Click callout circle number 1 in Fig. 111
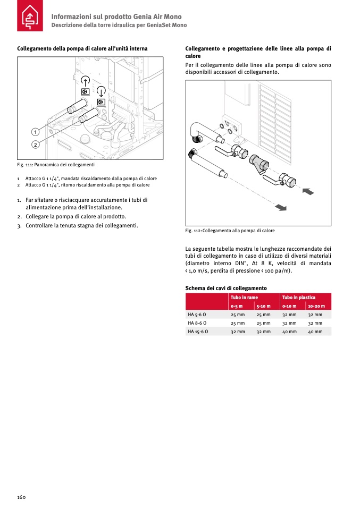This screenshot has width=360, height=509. [35, 131]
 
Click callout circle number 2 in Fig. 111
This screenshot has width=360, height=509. [35, 144]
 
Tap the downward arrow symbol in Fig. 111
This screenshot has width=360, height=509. [101, 90]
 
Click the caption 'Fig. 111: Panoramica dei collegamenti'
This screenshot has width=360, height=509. [55, 165]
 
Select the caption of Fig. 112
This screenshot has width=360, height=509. [230, 231]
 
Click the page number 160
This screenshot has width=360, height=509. [21, 497]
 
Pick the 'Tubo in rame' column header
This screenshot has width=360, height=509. [244, 298]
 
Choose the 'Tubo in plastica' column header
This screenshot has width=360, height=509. [299, 298]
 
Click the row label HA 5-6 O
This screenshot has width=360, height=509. [197, 315]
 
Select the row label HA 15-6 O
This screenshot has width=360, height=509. [198, 332]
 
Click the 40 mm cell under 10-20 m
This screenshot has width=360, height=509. [315, 332]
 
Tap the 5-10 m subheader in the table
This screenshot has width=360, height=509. [264, 306]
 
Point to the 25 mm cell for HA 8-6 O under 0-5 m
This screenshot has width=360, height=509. [238, 323]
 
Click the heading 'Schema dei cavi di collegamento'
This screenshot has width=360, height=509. [226, 288]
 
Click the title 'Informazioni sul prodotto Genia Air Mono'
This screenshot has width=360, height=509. [116, 16]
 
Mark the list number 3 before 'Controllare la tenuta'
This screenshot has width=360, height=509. [19, 225]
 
